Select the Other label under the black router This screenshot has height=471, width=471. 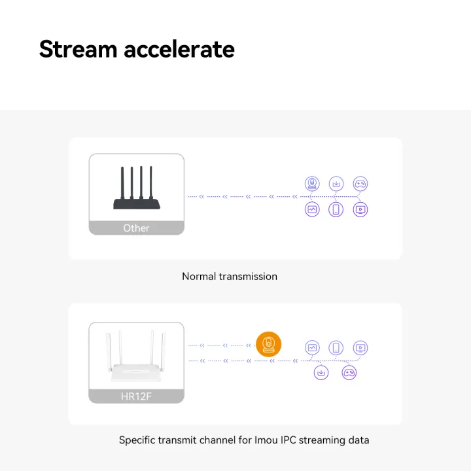[x=136, y=228]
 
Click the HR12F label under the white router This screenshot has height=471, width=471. [x=136, y=396]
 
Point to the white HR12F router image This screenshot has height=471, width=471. [x=136, y=357]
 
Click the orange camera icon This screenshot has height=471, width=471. [x=268, y=344]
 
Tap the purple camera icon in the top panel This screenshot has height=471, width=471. [x=313, y=184]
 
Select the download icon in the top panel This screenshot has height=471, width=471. [x=336, y=184]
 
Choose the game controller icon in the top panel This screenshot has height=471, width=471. [x=360, y=184]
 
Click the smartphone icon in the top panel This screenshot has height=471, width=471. [x=336, y=209]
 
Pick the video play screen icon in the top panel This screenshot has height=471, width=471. [x=360, y=209]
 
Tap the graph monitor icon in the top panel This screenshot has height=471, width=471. [x=313, y=209]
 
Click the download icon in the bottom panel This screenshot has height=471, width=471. [x=321, y=373]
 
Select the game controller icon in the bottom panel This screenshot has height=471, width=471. [x=349, y=373]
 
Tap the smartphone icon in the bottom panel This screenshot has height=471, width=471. [x=336, y=348]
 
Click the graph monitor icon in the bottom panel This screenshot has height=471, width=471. [x=313, y=348]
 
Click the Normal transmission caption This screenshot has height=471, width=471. [x=230, y=277]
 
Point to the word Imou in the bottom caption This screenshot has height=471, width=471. [x=266, y=440]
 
